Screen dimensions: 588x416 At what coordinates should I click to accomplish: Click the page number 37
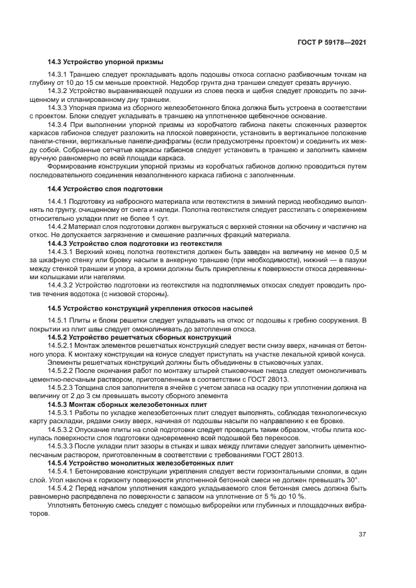(363, 535)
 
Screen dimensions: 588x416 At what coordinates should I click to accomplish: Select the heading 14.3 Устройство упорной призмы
(105, 62)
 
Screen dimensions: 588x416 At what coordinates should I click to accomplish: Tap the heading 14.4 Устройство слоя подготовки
(105, 188)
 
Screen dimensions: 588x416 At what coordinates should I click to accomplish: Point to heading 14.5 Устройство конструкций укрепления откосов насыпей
(150, 308)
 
